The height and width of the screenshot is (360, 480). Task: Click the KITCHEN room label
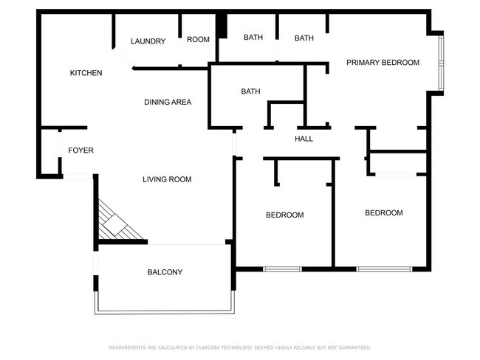coord(86,73)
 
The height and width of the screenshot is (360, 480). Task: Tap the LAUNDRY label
coord(148,41)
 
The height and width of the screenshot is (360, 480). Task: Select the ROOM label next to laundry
coord(198,40)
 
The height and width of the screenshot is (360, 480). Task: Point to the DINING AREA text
coord(168,102)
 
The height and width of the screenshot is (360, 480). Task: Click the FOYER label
coord(80,150)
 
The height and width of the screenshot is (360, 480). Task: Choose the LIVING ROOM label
coord(167,179)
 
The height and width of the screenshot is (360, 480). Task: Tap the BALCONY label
coord(165,272)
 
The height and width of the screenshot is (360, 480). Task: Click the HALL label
coord(304,139)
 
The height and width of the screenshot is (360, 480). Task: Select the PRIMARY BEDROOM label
coord(383,63)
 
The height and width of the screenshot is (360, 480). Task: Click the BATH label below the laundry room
coord(250,91)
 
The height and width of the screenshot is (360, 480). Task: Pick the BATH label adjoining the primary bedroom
coord(304,38)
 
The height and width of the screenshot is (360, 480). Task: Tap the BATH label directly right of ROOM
coord(253,38)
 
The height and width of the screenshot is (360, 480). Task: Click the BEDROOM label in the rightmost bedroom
coord(384,213)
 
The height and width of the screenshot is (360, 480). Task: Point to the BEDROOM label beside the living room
coord(284,215)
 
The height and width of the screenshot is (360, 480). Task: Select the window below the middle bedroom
coord(282,269)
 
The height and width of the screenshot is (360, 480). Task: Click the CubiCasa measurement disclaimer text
coord(239,347)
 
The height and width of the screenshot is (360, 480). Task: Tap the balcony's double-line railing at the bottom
coord(164,311)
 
